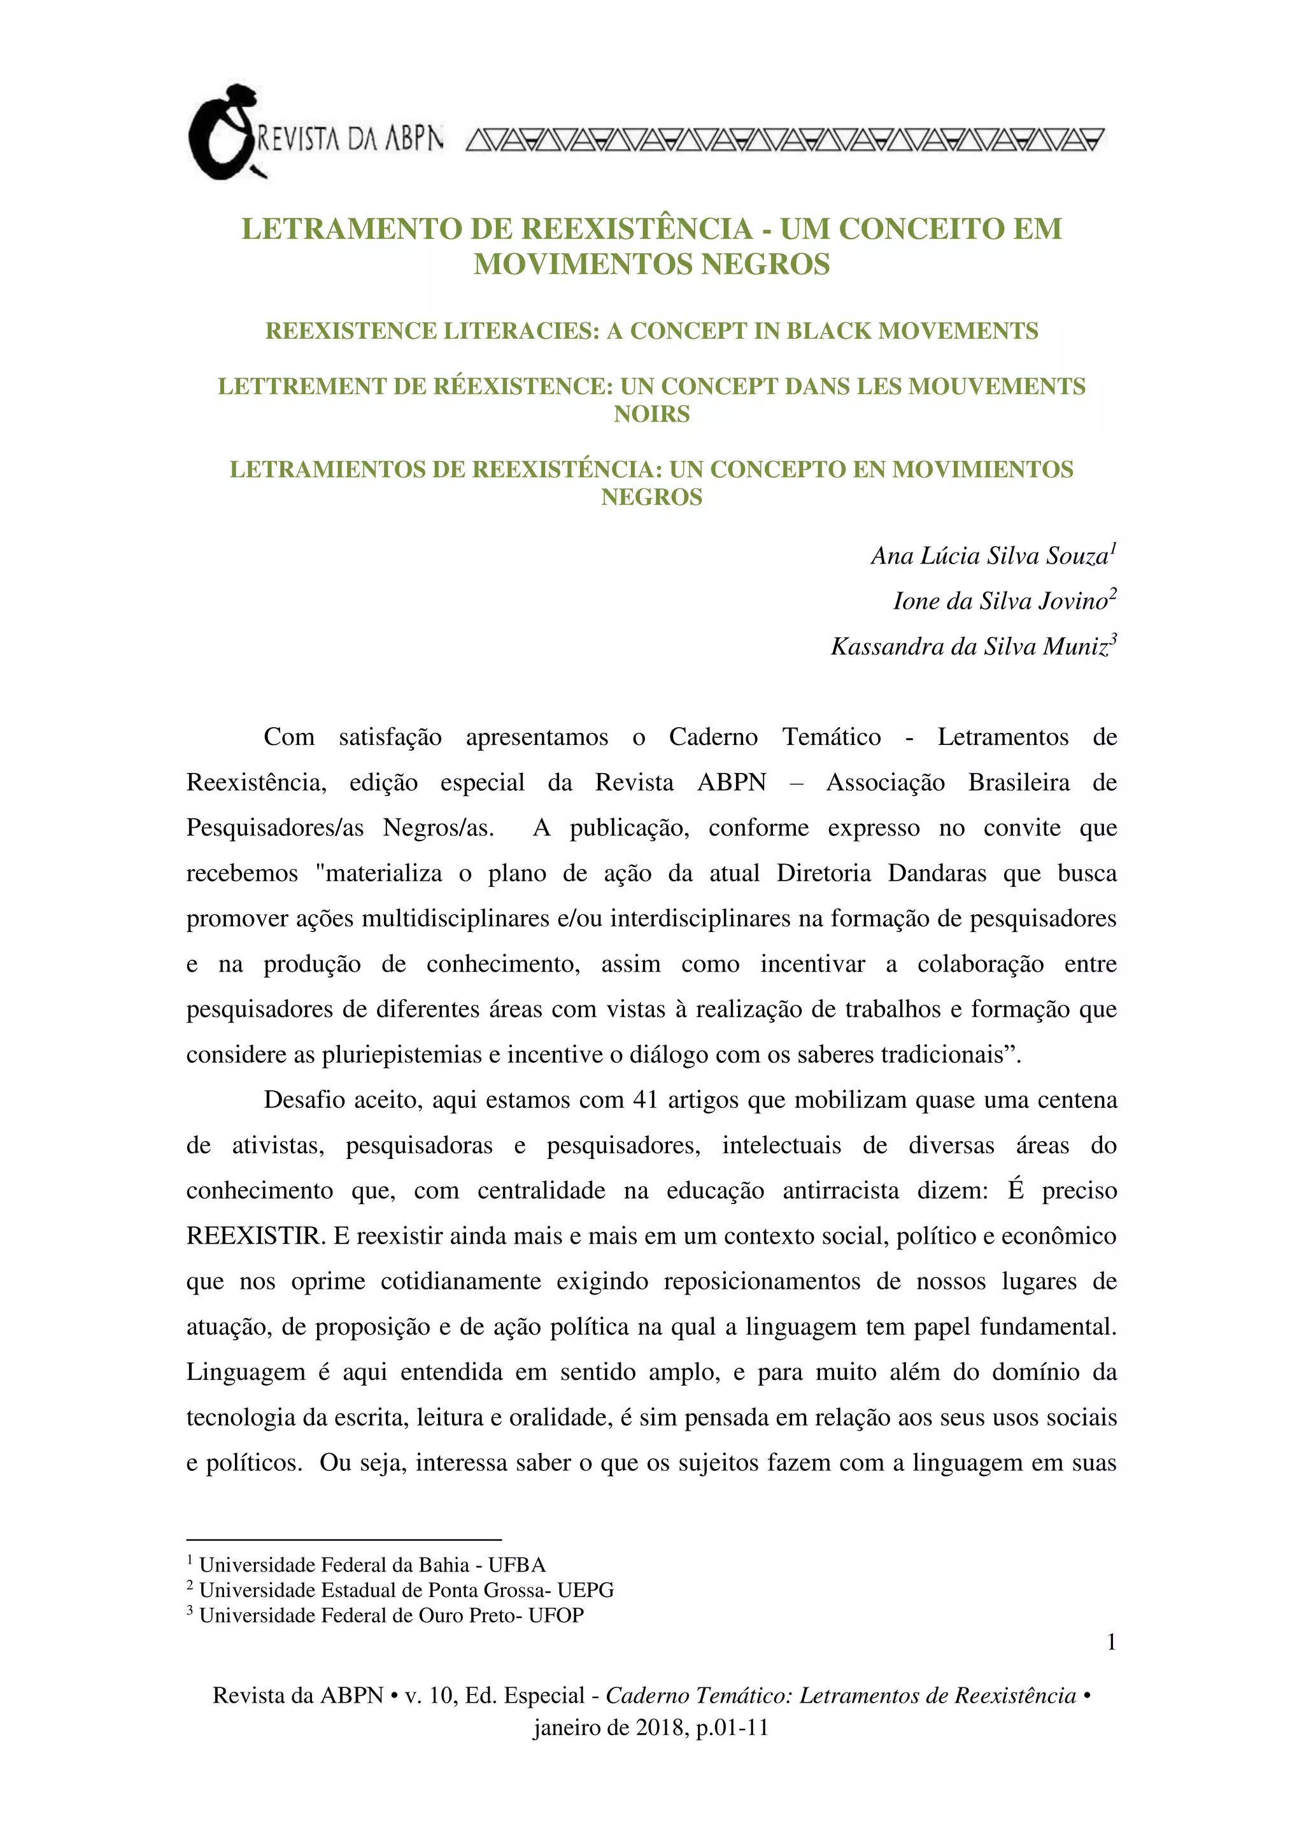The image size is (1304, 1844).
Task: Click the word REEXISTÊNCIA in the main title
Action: [637, 229]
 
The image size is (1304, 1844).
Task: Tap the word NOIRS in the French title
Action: [651, 415]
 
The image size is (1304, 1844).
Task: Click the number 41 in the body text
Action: [646, 1100]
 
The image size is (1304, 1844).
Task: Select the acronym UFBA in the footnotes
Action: [517, 1565]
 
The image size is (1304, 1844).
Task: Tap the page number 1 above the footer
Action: [1111, 1642]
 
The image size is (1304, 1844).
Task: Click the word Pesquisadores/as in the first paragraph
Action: [274, 828]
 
